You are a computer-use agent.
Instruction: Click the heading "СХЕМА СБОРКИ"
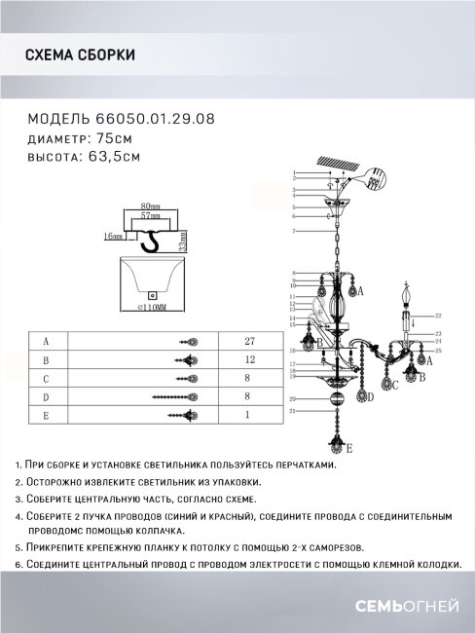[x=79, y=56]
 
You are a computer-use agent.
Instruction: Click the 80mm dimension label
[x=150, y=206]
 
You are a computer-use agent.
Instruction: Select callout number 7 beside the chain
[x=293, y=231]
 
